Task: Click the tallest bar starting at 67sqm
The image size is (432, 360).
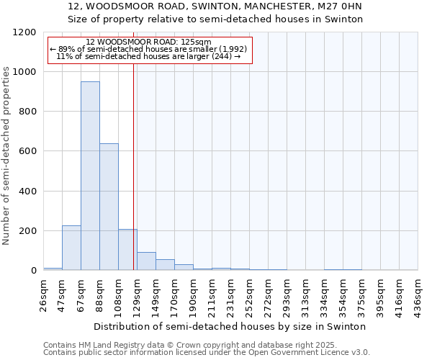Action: pos(90,176)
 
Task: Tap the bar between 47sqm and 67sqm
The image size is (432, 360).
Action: pos(71,248)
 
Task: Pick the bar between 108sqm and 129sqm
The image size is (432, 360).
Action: pos(127,249)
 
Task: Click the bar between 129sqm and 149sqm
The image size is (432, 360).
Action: pos(146,261)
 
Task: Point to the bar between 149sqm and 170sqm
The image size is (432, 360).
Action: pos(165,264)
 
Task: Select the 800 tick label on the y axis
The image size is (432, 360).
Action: pos(27,112)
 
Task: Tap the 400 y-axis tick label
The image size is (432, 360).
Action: pos(27,192)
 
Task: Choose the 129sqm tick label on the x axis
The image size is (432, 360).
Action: pos(138,294)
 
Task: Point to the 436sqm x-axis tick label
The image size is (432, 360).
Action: pos(418,294)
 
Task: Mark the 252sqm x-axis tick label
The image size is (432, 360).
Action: pos(250,294)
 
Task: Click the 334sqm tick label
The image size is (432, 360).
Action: pos(325,294)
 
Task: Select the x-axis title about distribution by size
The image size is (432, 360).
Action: pos(230,326)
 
